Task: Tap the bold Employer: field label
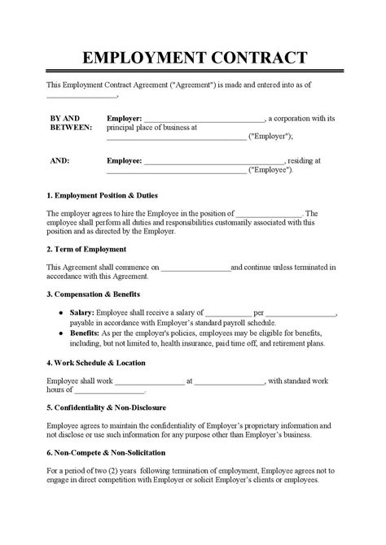click(125, 118)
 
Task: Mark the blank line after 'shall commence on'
click(195, 267)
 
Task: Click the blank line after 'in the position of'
click(270, 214)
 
